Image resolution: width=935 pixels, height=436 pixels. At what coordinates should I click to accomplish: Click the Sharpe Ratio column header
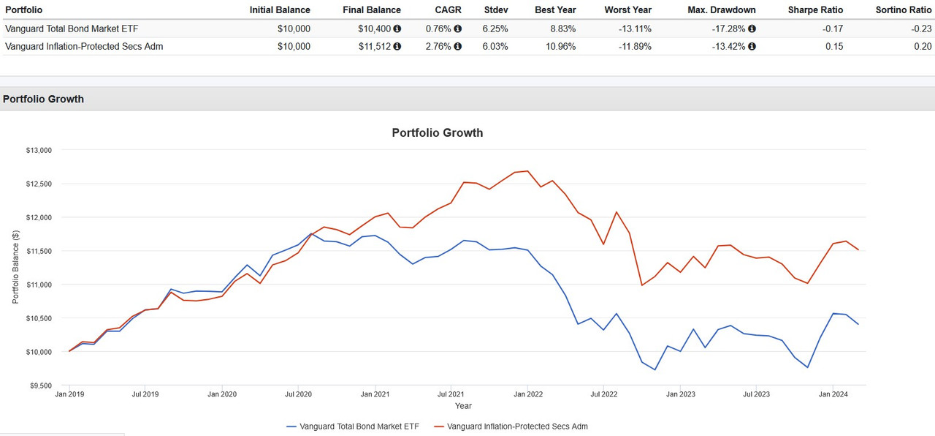pos(815,10)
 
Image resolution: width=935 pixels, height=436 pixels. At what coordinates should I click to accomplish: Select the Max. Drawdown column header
pos(722,10)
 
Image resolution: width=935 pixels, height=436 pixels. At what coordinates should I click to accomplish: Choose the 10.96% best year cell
pos(558,46)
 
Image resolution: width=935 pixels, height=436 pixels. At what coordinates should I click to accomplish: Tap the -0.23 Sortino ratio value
pos(921,29)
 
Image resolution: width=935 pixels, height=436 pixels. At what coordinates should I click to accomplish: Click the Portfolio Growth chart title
pos(437,133)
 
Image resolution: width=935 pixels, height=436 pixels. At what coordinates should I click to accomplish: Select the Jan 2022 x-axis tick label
pos(528,394)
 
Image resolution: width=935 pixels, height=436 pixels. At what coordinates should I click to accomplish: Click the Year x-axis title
pos(463,405)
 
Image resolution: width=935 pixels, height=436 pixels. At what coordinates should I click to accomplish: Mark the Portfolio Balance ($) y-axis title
pos(16,267)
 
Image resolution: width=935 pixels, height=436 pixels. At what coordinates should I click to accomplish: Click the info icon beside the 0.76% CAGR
pos(458,29)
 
